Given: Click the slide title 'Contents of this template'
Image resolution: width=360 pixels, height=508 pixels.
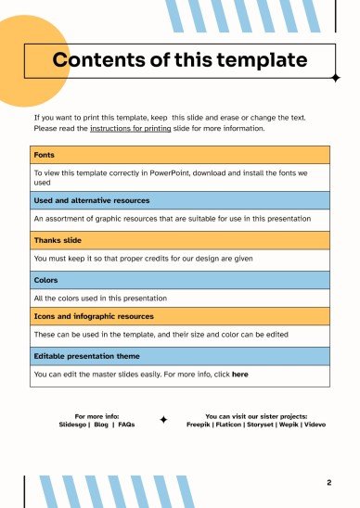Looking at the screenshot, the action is [180, 61].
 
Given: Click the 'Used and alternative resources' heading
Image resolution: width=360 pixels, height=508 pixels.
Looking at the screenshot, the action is [91, 199].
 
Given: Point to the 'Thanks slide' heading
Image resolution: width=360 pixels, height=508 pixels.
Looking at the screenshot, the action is [59, 239].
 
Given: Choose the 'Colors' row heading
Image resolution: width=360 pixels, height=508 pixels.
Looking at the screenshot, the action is [46, 279].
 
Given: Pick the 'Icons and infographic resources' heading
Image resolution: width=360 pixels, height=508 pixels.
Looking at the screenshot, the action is [94, 316].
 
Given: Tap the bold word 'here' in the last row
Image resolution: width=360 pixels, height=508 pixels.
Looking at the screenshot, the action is [239, 375].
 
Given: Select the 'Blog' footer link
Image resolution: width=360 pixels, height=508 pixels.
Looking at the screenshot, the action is [101, 424].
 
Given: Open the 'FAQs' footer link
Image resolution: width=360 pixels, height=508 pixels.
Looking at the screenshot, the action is [126, 424].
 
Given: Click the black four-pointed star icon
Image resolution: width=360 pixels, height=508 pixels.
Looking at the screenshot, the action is [163, 420].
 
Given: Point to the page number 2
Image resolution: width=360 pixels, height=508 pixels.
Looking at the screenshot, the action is [329, 483].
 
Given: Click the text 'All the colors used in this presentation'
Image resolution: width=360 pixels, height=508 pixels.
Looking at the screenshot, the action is [100, 298].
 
